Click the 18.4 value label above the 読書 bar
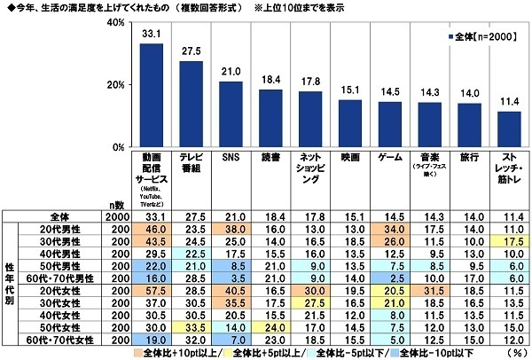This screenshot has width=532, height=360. [x=270, y=80]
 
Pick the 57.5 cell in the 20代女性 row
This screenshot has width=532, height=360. [x=152, y=290]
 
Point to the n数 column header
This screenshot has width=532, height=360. [x=111, y=203]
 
